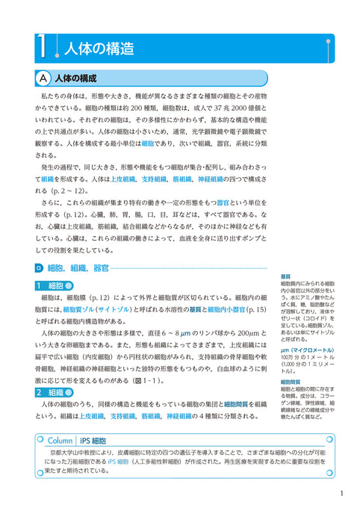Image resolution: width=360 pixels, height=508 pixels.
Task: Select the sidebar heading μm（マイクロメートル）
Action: [307, 349]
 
